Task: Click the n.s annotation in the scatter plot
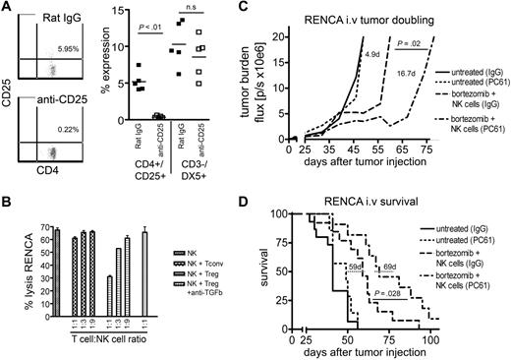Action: (207, 20)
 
